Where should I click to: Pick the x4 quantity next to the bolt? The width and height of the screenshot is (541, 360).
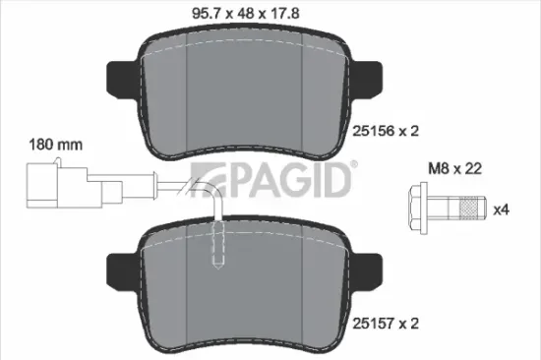pyautogui.click(x=500, y=210)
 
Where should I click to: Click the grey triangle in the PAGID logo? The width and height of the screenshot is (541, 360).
pyautogui.click(x=210, y=182)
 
